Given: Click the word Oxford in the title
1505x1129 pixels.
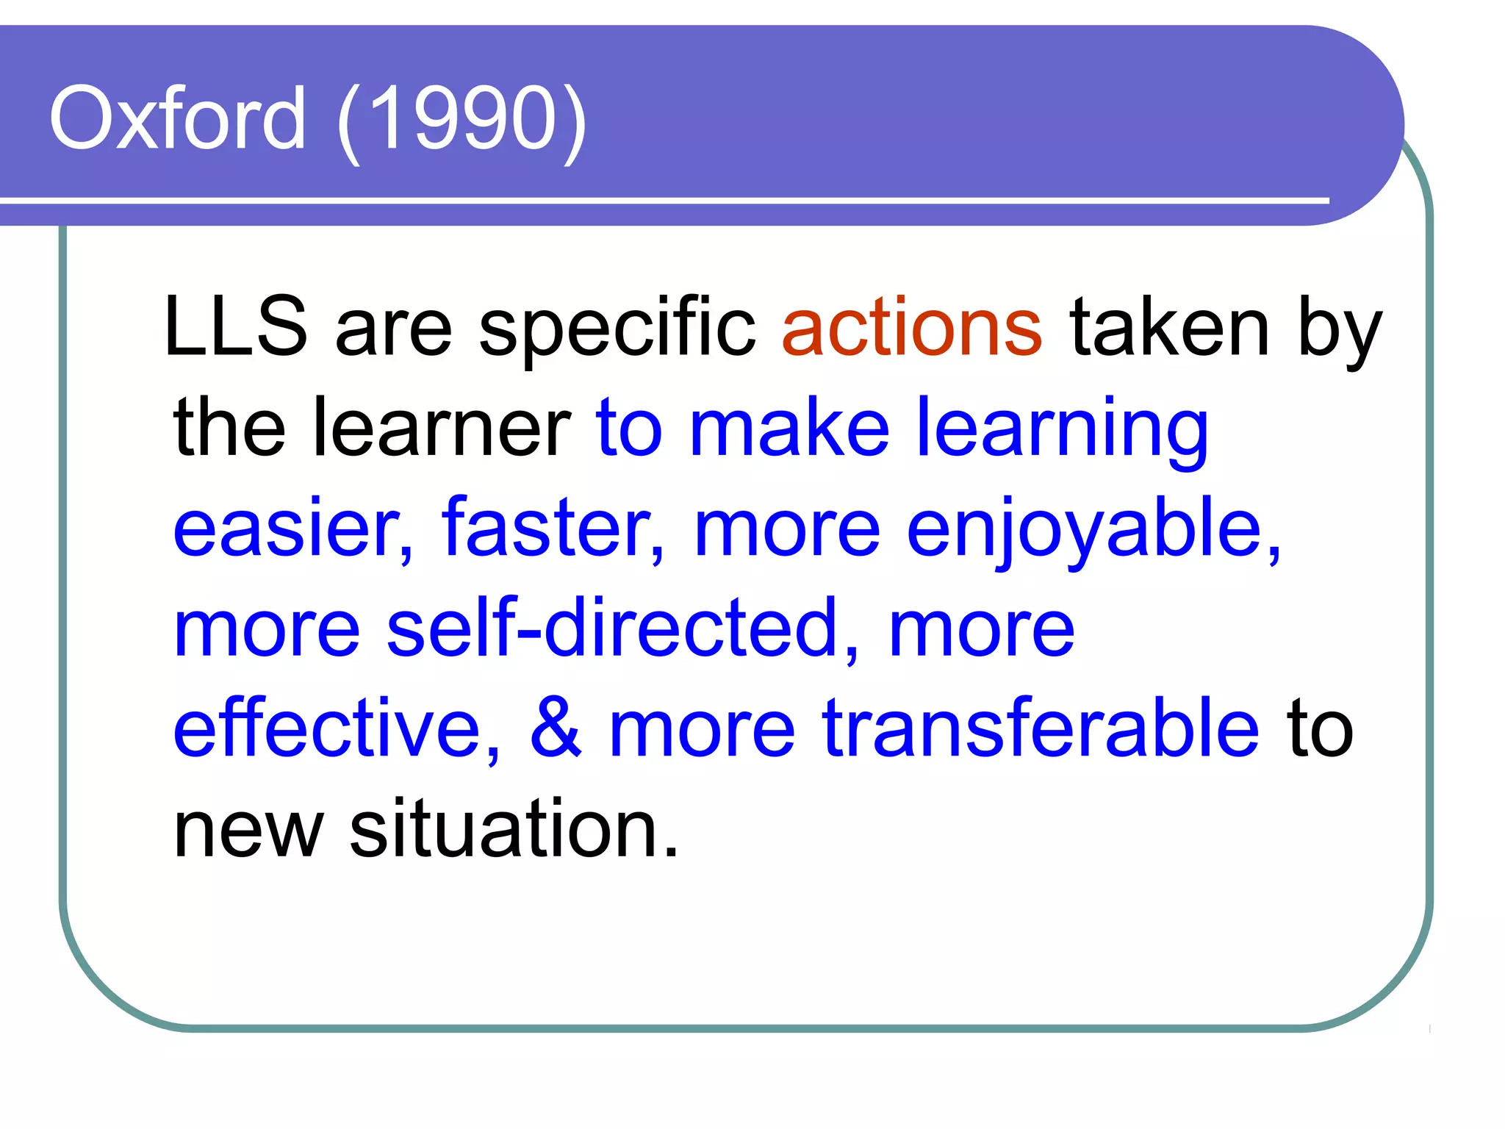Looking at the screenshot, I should coord(177,118).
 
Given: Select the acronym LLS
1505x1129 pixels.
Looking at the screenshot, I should coord(235,327).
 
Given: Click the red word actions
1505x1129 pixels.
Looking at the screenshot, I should coord(912,327).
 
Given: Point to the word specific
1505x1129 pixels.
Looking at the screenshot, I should coord(617,330).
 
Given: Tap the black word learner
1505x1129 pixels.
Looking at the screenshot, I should coord(442,428).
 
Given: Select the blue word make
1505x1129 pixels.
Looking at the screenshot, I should coord(789,428).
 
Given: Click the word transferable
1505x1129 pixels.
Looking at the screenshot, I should coord(1041,728).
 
